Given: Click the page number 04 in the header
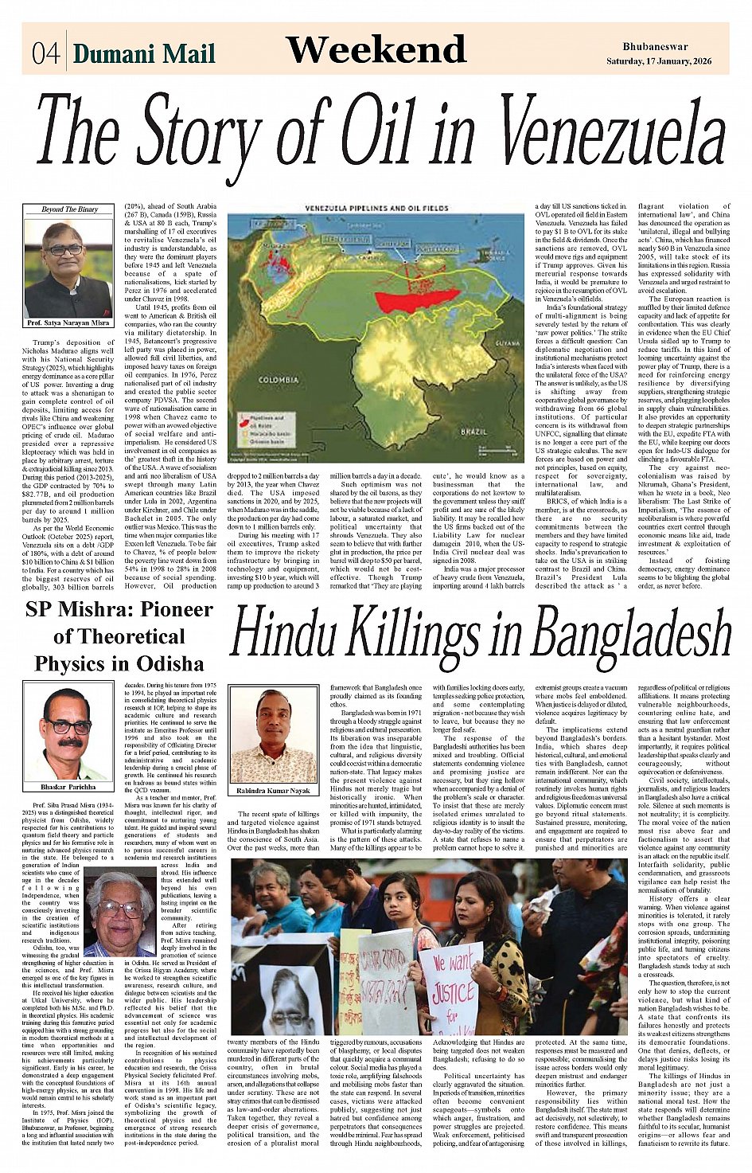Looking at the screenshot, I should [x=46, y=53].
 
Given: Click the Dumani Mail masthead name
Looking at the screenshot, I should [x=144, y=53].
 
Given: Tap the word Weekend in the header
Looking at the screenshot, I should [x=376, y=49].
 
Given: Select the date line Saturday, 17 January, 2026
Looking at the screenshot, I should [x=659, y=61].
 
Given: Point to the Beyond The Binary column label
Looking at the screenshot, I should [x=69, y=209].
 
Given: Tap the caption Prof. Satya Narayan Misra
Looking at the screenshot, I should [x=69, y=323].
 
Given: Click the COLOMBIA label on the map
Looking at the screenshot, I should [x=279, y=380].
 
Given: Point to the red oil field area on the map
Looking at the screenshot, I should [x=418, y=299].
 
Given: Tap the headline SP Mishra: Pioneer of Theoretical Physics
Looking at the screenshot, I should [x=119, y=637].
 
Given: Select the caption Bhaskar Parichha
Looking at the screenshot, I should [x=68, y=787].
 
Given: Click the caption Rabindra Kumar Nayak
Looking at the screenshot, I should [x=273, y=791].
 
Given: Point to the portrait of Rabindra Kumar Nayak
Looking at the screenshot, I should [x=273, y=736].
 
